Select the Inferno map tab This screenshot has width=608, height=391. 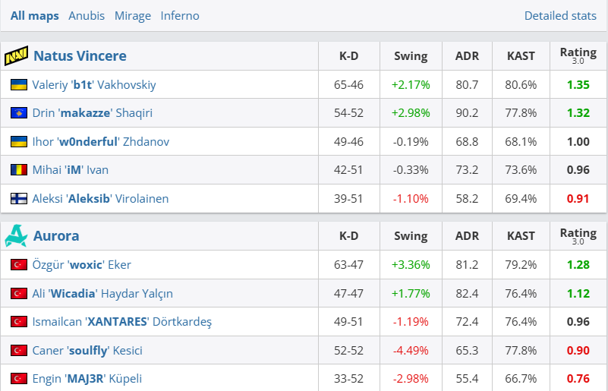180,15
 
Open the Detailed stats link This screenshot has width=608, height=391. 560,15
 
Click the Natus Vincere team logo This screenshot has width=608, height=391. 17,56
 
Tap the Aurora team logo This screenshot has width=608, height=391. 16,236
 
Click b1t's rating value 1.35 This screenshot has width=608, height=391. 578,84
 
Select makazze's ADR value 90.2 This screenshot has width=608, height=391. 467,113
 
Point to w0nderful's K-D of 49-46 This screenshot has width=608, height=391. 348,142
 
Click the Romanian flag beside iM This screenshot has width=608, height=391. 19,170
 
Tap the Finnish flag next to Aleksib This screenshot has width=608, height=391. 19,199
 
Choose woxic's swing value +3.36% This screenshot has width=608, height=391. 411,265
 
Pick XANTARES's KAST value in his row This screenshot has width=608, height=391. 521,322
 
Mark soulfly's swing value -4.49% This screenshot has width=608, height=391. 411,351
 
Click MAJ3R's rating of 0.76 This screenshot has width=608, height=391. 578,379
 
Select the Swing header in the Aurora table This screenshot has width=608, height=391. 411,236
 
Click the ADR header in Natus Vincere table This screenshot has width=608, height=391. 467,56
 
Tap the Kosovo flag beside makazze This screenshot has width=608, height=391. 19,113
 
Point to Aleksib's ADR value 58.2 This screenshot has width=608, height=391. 467,199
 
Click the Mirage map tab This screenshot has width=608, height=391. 133,15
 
